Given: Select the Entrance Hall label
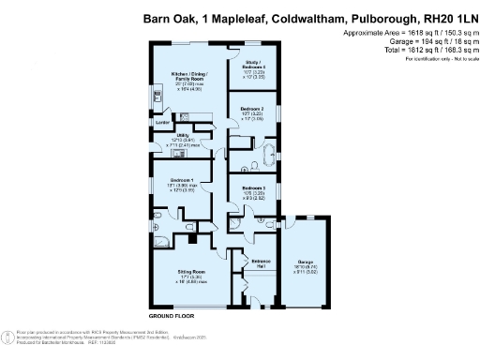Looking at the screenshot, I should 261,261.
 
